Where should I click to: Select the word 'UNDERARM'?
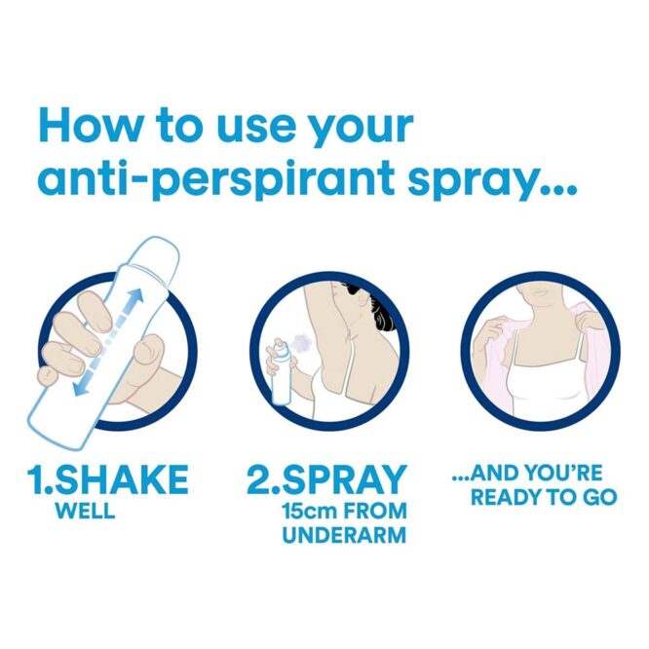pos(344,536)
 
